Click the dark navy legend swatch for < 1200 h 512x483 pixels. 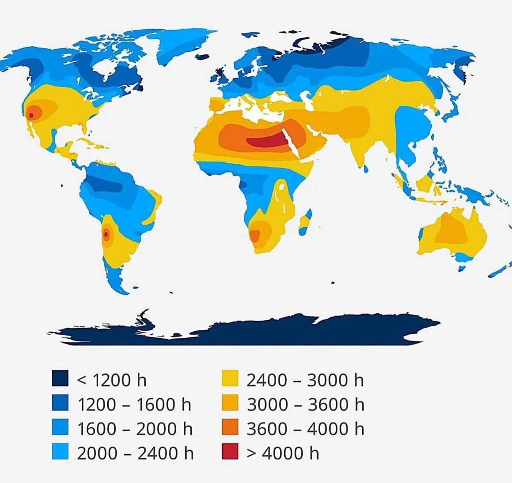tap(61, 379)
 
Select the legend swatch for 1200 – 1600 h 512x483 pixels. tap(61, 404)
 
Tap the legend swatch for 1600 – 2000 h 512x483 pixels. tap(61, 428)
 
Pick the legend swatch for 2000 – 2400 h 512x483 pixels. tap(61, 452)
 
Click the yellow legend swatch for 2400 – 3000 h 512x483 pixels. tap(230, 379)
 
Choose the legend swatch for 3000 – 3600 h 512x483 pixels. tap(230, 404)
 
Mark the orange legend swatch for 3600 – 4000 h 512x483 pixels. tap(230, 428)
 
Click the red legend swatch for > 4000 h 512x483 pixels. tap(230, 452)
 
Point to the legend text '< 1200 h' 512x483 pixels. tap(112, 380)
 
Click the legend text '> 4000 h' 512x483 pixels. tap(283, 453)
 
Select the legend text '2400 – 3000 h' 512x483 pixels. tap(305, 380)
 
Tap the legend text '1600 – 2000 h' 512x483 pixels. tap(135, 429)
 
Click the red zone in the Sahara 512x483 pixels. tap(265, 142)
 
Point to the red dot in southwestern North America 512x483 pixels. tap(31, 116)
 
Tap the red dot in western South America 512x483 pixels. tap(106, 234)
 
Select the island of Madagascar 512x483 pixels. tap(305, 223)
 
